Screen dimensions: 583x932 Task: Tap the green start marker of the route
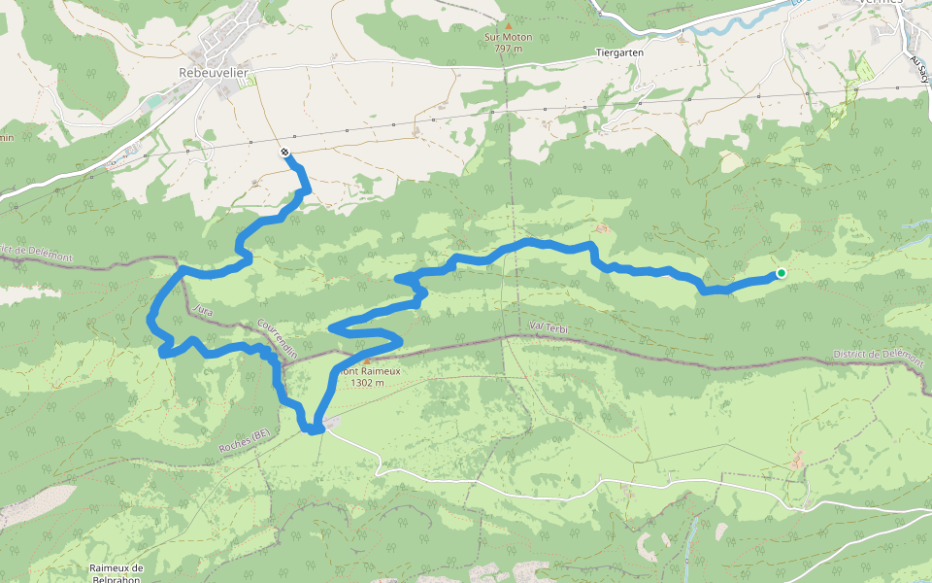click(x=781, y=273)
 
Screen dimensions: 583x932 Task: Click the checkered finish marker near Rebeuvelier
click(x=283, y=153)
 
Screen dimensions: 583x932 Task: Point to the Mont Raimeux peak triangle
click(x=367, y=360)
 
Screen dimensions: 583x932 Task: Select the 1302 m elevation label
click(x=367, y=383)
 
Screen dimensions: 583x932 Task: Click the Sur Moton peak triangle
click(x=506, y=26)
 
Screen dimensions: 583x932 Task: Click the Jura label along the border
click(x=202, y=310)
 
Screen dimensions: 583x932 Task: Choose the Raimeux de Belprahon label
click(x=116, y=573)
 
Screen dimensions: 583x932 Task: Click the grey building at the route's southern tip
click(x=331, y=422)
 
